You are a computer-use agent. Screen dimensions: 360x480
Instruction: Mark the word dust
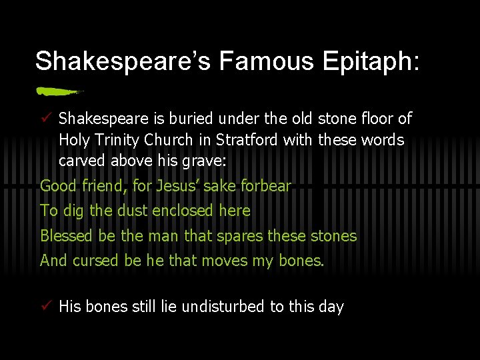(133, 211)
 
